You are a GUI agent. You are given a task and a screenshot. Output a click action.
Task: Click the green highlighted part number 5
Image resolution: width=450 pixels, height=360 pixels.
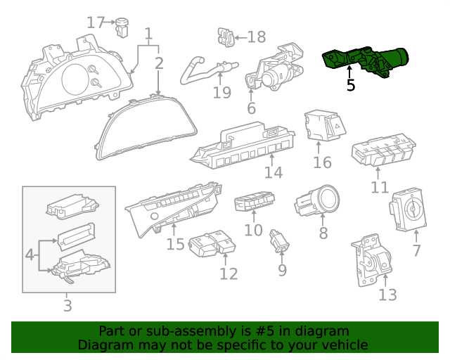366,62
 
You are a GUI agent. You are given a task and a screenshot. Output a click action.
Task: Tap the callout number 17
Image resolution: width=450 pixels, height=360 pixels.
95,22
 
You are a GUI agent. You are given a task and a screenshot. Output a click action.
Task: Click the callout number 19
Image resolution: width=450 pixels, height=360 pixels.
221,92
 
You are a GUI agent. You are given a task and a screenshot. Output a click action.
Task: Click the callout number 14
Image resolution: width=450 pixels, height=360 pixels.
274,173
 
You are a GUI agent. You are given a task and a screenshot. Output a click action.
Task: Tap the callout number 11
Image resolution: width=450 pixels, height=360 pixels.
380,187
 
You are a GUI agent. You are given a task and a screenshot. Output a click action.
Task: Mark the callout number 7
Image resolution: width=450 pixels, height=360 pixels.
416,250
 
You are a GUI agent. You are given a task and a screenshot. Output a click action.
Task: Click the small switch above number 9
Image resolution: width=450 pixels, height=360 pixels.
281,240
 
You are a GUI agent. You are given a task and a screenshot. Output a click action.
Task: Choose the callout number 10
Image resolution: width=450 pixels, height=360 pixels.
253,230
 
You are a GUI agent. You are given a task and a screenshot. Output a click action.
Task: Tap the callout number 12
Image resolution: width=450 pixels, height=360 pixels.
229,273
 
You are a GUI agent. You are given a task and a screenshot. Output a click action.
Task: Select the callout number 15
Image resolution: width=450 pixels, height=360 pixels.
175,244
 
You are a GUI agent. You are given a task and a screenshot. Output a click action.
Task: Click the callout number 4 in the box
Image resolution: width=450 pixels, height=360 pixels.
30,253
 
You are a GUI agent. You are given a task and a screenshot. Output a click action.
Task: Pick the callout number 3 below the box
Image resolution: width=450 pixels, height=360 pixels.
67,306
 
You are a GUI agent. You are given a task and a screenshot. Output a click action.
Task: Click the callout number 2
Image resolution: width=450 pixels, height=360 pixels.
159,63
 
